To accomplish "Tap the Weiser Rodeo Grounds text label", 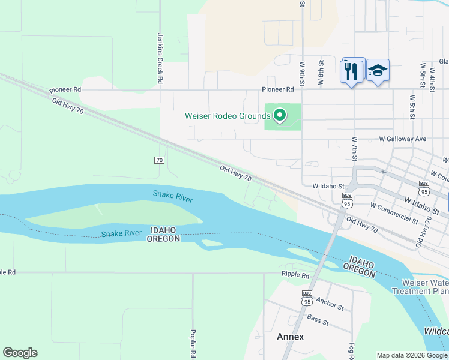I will tap(227, 116).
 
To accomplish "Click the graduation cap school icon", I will tap(377, 71).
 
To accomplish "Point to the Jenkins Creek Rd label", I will tap(161, 58).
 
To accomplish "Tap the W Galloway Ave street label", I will tap(402, 139).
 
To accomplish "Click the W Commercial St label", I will tap(394, 213).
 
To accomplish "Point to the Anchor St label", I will tap(330, 304).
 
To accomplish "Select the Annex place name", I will tap(291, 337).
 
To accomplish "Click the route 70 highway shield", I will tap(159, 160).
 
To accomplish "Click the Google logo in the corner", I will tap(20, 353).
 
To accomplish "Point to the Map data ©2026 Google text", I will tap(412, 355).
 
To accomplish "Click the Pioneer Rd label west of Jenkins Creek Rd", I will tap(65, 89).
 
